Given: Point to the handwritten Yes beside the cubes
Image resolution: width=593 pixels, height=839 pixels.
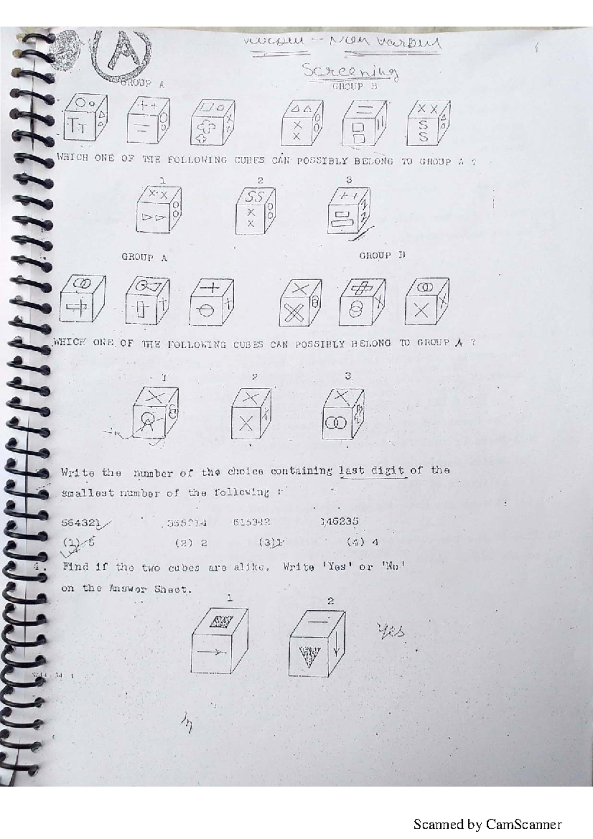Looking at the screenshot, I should pos(390,630).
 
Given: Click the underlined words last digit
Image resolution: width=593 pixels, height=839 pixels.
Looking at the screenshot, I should pos(372,470).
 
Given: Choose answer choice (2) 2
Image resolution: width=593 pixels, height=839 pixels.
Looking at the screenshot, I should pos(191,543).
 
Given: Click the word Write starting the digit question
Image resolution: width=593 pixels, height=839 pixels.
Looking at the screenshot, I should pos(78,472).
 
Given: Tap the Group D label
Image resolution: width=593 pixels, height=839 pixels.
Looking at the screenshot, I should pos(381,255).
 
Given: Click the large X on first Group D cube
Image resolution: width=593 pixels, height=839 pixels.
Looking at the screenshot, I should pos(294,313).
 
